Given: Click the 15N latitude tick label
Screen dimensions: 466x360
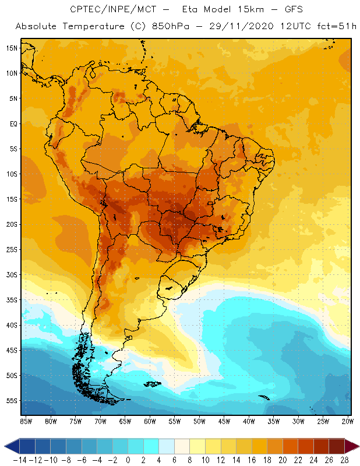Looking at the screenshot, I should (12, 48).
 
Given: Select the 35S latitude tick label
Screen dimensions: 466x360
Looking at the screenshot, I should (12, 300).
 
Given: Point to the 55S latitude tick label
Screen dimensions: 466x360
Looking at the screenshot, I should (12, 401).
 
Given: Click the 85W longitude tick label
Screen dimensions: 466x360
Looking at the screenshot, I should (26, 421).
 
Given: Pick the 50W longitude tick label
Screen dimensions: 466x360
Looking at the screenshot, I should (200, 421).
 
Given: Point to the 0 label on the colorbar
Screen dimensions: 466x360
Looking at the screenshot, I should (128, 459).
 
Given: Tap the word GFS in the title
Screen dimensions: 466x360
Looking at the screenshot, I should (281, 9).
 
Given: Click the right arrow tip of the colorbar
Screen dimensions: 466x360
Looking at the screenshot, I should (357, 446).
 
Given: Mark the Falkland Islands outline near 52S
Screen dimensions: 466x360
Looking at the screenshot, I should (153, 383).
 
